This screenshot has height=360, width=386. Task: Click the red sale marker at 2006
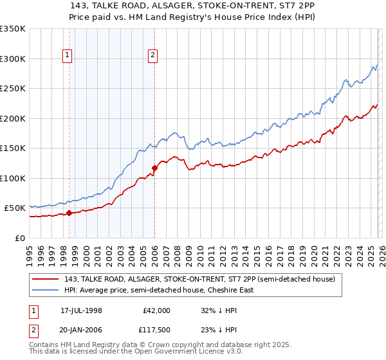(154, 168)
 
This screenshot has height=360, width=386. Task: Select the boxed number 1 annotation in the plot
(67, 56)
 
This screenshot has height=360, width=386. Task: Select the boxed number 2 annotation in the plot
(152, 56)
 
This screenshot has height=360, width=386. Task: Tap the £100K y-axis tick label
(13, 178)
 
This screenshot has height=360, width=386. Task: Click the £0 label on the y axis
(20, 238)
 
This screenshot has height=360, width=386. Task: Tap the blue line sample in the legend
(46, 290)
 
